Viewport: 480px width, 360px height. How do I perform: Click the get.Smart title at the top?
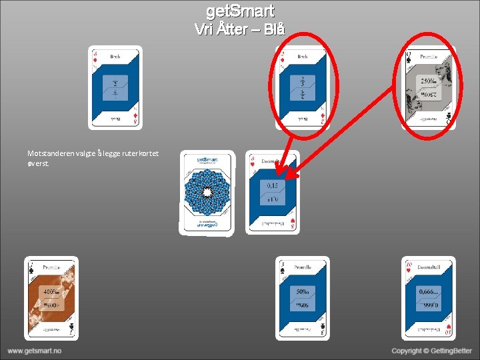coord(240,11)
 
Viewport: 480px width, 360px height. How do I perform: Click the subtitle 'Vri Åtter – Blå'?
coord(240,29)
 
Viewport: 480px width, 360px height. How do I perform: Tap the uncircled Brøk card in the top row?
coord(115,87)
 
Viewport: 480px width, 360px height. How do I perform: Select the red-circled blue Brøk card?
coord(303,87)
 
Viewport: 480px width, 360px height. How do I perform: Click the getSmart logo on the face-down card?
coord(207,160)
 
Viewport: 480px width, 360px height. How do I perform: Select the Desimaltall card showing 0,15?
coord(273,191)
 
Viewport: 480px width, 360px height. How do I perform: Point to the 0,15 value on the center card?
coord(273,186)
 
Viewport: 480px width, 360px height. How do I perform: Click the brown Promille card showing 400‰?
coord(51,298)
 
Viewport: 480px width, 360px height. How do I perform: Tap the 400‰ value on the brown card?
coord(51,292)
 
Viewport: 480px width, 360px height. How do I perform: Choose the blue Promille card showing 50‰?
coord(303,298)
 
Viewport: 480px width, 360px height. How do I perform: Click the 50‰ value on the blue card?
coord(302,292)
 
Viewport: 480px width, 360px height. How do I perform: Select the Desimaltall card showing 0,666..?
coord(428,298)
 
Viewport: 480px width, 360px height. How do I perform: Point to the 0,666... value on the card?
coord(428,292)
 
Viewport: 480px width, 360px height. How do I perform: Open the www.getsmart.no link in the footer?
coord(35,351)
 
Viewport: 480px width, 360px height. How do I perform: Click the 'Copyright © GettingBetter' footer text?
coord(431,351)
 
